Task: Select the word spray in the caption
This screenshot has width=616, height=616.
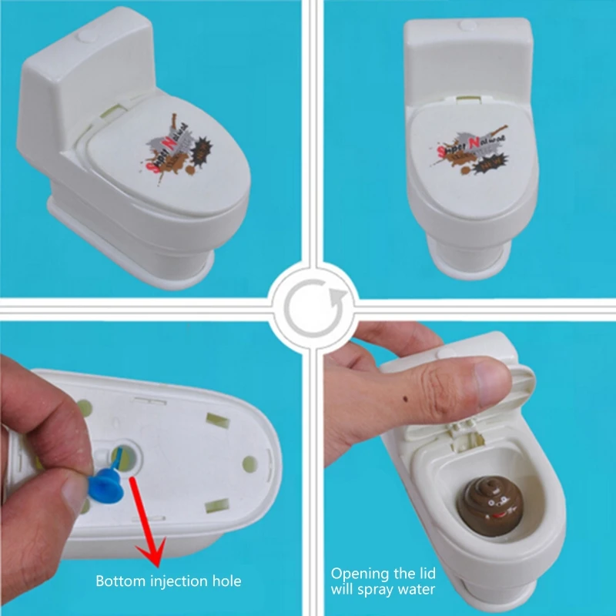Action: pyautogui.click(x=378, y=591)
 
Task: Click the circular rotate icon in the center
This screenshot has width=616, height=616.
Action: pyautogui.click(x=309, y=307)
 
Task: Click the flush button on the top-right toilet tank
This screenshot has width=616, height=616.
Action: pyautogui.click(x=467, y=25)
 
